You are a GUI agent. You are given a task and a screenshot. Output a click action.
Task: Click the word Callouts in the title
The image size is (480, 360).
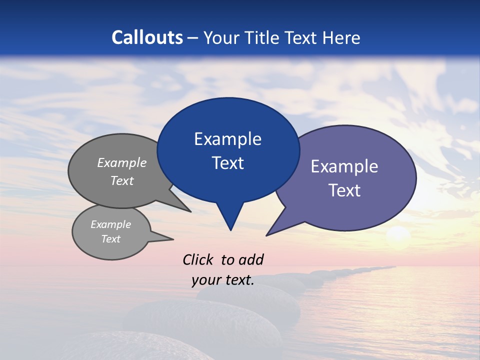147,37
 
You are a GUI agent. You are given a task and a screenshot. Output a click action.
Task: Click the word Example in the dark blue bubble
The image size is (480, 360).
227,139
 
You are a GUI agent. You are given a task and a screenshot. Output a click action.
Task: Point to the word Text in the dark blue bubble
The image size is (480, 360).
227,163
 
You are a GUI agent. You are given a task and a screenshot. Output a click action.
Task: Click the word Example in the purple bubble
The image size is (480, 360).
344,166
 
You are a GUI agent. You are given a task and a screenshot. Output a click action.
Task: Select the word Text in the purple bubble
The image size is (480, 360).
344,190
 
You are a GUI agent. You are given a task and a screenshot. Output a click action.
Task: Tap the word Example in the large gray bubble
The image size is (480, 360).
122,163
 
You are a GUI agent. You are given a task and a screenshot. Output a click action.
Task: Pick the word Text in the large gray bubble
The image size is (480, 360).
122,181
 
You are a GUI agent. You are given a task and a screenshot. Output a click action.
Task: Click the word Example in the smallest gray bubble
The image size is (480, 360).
110,224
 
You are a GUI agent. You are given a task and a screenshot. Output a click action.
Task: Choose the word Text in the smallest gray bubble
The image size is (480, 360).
110,239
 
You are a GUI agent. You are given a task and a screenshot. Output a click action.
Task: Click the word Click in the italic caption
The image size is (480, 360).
198,259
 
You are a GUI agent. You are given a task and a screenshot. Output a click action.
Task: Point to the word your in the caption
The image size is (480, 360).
205,280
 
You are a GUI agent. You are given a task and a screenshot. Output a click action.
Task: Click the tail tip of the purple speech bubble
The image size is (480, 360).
266,235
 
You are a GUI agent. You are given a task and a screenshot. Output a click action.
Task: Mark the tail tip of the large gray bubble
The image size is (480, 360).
191,212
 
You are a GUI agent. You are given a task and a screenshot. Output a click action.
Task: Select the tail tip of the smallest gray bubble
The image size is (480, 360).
173,239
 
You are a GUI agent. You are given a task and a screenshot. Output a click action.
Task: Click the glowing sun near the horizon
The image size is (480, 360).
398,233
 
